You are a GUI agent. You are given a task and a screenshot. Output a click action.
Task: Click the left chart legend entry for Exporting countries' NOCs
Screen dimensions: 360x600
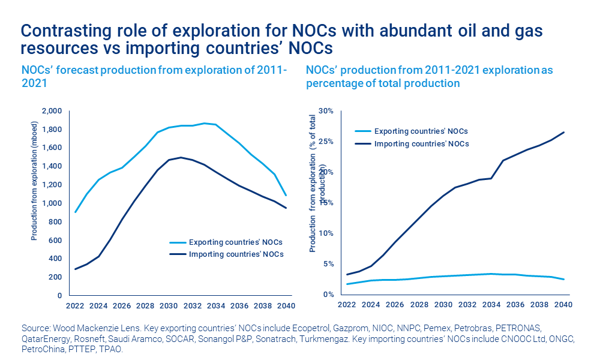(x=235, y=242)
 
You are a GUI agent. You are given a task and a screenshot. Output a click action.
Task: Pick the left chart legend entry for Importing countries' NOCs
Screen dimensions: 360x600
(x=235, y=254)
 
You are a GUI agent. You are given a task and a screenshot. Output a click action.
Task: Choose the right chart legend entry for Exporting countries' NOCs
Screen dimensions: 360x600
(x=421, y=131)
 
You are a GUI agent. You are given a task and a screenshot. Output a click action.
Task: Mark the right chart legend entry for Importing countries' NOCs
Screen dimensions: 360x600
(x=421, y=143)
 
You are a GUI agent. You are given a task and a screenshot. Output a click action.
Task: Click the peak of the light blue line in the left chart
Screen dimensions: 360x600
(x=205, y=123)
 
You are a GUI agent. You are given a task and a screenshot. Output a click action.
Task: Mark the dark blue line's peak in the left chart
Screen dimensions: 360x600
(x=180, y=157)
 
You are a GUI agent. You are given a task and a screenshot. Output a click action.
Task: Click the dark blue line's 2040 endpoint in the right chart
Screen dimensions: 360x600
(x=563, y=132)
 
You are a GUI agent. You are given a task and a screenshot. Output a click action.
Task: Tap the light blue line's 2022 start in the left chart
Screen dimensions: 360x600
(x=75, y=212)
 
